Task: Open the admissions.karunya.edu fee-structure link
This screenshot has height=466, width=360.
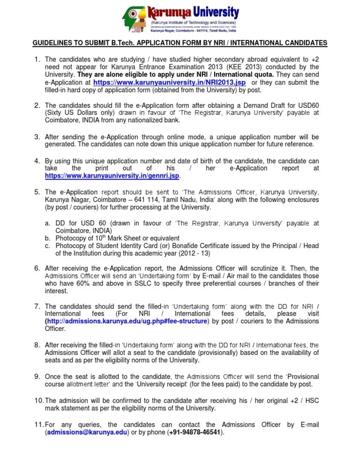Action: (127, 321)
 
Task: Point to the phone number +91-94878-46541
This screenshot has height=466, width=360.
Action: (196, 433)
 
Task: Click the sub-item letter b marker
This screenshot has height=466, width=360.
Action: (47, 238)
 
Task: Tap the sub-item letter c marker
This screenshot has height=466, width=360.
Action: (47, 246)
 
